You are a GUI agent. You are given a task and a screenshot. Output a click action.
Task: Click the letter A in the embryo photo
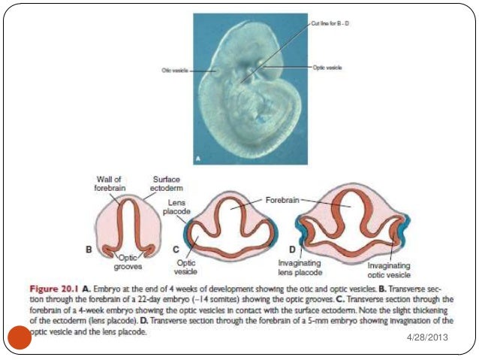(199, 159)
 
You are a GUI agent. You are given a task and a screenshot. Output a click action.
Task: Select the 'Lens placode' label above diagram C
(177, 207)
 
